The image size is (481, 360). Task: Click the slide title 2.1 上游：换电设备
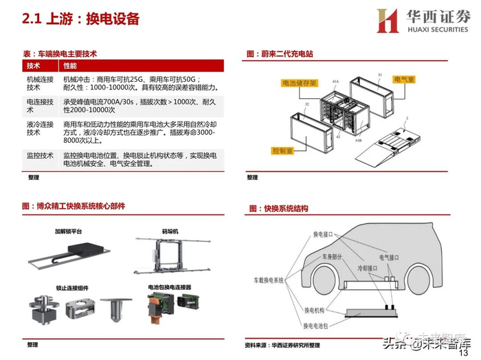pos(81,19)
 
